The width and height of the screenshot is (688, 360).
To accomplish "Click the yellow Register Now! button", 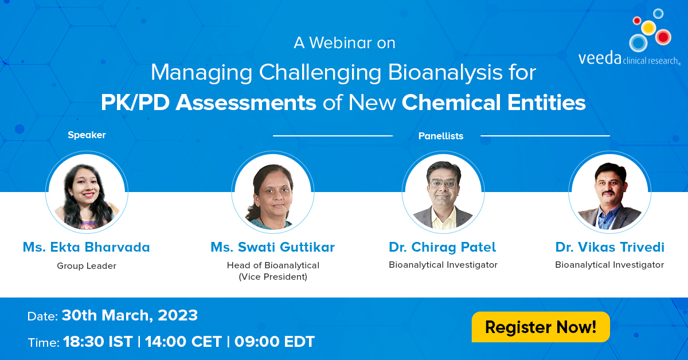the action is point(541,327).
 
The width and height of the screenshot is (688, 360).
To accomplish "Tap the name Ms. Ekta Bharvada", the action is point(87,247).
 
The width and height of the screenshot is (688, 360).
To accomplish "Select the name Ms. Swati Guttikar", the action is point(273,247).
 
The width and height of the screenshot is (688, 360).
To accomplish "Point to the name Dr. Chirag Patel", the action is point(442,247).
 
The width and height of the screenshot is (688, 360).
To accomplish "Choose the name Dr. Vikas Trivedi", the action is point(609,247).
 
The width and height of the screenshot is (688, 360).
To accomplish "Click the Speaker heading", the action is point(87,135).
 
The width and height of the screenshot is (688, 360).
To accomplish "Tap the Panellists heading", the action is point(441,136).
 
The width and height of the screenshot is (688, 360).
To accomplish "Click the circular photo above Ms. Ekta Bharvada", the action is point(87,192).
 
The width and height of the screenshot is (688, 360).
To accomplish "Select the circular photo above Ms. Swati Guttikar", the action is point(273,192).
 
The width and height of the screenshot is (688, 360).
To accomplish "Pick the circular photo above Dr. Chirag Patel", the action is point(443,192).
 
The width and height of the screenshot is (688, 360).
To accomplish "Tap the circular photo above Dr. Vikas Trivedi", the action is point(609,192).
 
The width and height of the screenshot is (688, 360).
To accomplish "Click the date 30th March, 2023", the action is point(130,316).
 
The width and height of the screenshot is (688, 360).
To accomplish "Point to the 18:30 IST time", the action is point(98,342).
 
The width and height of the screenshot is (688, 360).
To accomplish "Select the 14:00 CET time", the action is point(183,342).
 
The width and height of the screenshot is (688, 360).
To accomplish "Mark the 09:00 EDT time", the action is point(275,342).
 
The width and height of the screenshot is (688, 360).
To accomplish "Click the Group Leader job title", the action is point(87,265).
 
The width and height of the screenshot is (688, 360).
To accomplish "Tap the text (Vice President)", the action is point(273,277).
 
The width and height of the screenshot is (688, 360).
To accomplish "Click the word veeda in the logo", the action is point(600,58).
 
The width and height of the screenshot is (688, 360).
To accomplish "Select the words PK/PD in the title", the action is point(135,102).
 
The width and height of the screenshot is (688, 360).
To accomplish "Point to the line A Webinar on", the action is point(345,42).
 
